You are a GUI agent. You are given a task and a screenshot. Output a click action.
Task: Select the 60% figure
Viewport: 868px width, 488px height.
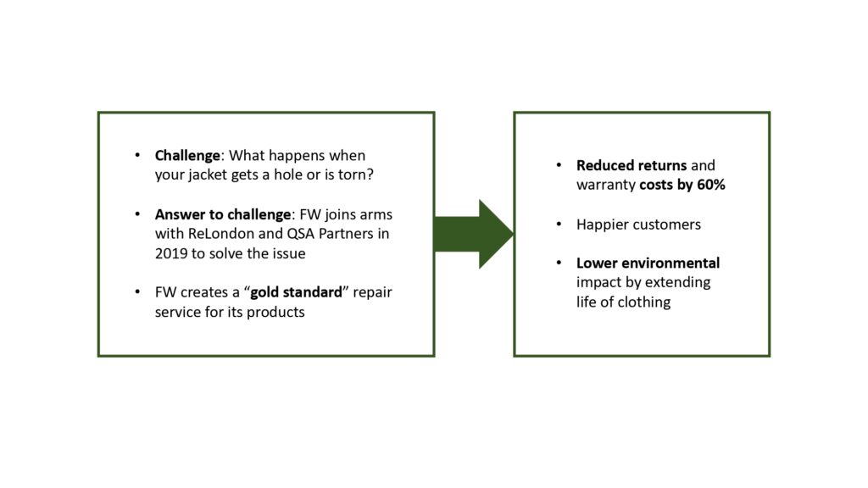pyautogui.click(x=709, y=185)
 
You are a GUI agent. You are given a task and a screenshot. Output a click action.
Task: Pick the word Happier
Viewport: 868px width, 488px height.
pyautogui.click(x=603, y=225)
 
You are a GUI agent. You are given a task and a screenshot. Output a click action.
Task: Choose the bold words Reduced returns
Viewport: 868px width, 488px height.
pyautogui.click(x=632, y=165)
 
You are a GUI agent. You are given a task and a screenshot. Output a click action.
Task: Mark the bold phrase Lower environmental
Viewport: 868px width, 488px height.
pyautogui.click(x=648, y=263)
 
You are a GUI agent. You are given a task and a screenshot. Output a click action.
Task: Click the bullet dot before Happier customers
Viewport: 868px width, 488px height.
pyautogui.click(x=558, y=225)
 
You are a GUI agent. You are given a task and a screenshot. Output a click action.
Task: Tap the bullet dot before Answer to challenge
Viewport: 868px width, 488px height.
pyautogui.click(x=137, y=214)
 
